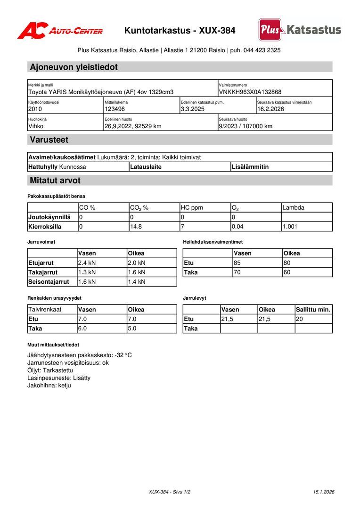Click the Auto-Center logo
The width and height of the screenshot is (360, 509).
point(60,31)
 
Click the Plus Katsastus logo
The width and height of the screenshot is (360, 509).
point(300,30)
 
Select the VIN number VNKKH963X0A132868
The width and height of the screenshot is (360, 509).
point(250,92)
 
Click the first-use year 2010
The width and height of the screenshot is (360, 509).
point(35,109)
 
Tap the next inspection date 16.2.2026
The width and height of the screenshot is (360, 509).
point(270,109)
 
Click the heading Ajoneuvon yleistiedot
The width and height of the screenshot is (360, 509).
point(74,67)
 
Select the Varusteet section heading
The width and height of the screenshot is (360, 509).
point(49,140)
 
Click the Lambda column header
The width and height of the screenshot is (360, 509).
point(293,207)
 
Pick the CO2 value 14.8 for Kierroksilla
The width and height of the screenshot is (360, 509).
point(136,227)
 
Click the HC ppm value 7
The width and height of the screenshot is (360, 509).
point(182,227)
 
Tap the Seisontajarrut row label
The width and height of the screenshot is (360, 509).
point(49,282)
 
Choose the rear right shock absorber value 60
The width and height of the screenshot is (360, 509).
point(287,272)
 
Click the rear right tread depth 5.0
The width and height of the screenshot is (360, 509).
point(132,328)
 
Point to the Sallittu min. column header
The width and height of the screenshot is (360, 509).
point(313,310)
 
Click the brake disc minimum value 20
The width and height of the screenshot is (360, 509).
point(300,319)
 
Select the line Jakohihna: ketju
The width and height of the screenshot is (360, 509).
point(49,385)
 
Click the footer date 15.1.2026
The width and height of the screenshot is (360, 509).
point(323,492)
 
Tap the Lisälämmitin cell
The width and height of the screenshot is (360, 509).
point(250,167)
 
